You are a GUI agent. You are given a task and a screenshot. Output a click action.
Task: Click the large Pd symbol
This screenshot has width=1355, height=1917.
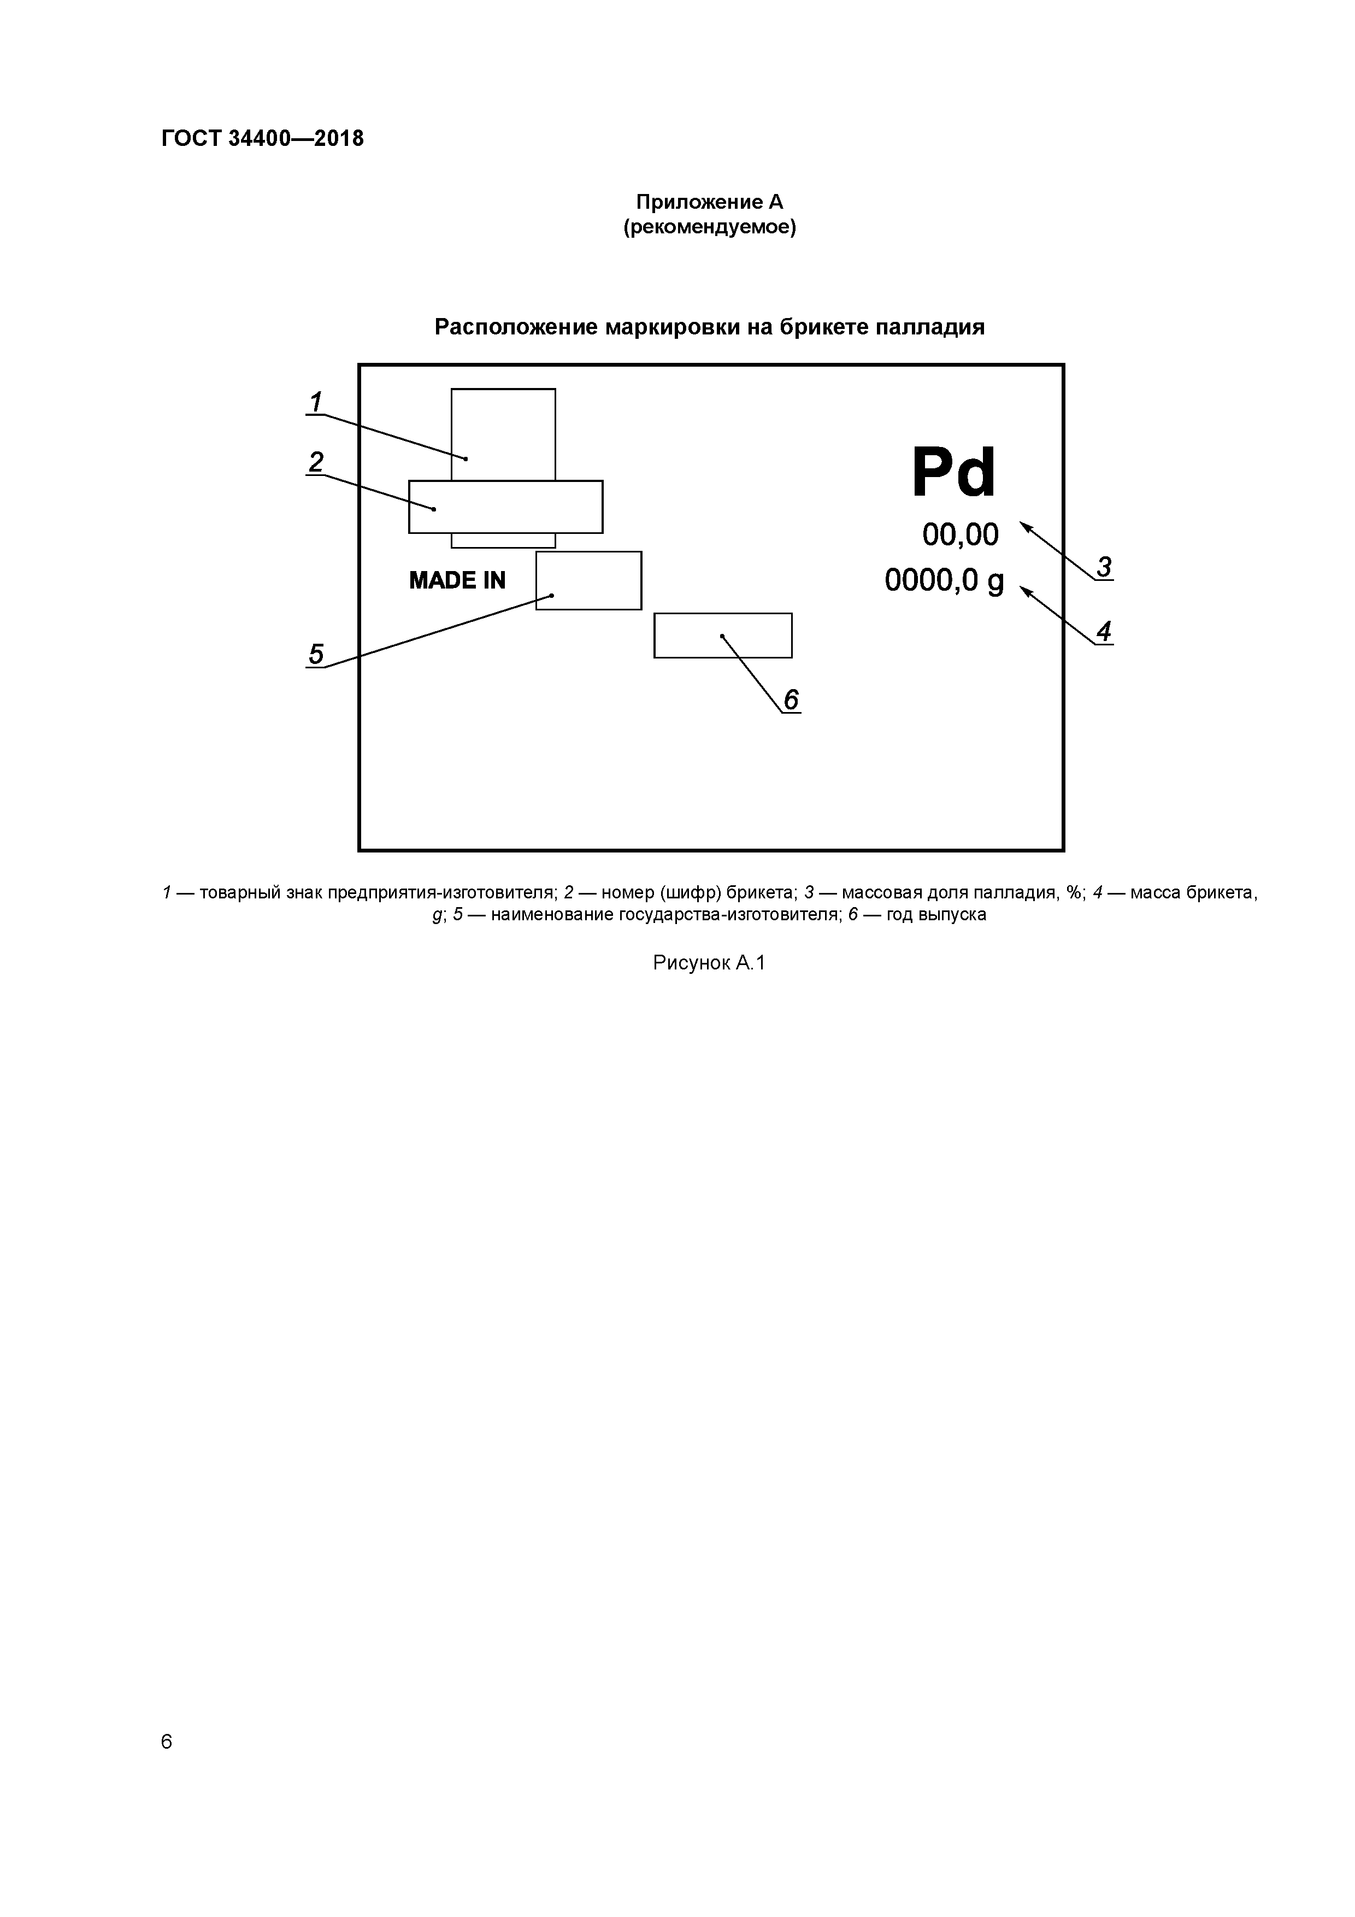[953, 473]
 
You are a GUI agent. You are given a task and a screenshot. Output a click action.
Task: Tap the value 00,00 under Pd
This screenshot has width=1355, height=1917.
[960, 534]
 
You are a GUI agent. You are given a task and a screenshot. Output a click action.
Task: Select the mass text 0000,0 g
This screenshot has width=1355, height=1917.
[944, 580]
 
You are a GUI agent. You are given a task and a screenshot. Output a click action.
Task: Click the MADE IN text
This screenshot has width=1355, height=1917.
[457, 580]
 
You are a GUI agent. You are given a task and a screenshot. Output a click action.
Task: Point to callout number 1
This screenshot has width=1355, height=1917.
[316, 402]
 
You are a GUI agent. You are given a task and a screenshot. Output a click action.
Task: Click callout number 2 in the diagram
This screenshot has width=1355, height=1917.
[316, 462]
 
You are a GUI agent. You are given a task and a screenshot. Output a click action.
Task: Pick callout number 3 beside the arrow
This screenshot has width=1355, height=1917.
[1104, 567]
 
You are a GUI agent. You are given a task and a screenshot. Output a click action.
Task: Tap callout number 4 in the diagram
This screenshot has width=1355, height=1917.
[1104, 631]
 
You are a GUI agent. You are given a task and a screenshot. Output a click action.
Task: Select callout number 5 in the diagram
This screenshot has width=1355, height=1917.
[316, 653]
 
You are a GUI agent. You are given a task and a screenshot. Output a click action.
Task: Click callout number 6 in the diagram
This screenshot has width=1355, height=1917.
[791, 699]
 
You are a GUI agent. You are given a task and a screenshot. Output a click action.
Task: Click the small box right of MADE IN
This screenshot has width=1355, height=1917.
[588, 580]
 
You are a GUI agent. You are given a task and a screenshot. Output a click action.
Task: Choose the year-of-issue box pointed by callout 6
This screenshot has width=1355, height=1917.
[723, 636]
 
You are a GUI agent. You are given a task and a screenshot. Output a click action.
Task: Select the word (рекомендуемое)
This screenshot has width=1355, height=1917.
[710, 227]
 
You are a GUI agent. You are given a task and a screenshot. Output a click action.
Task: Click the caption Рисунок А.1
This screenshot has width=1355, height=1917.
[709, 963]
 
